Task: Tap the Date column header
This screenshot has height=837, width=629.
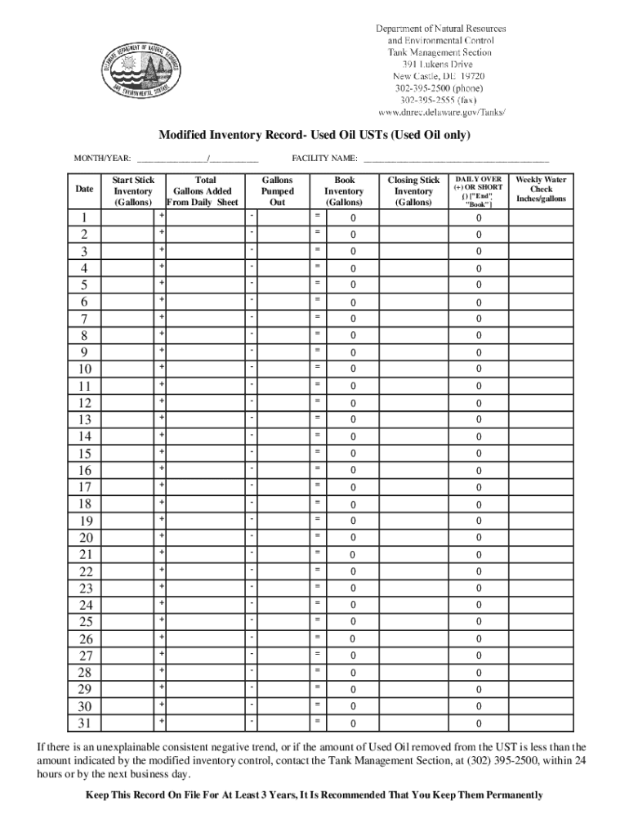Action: pyautogui.click(x=84, y=190)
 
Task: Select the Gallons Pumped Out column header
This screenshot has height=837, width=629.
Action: pyautogui.click(x=277, y=190)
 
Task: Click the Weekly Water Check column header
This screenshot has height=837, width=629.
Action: pyautogui.click(x=541, y=189)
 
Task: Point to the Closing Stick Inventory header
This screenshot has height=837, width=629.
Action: pyautogui.click(x=413, y=190)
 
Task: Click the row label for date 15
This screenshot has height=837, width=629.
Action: pyautogui.click(x=84, y=454)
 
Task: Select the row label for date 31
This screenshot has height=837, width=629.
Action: pyautogui.click(x=84, y=723)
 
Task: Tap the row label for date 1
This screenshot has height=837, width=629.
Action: pyautogui.click(x=84, y=218)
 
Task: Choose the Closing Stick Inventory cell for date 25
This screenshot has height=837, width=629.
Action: pyautogui.click(x=413, y=622)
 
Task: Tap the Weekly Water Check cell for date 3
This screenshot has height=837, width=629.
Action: pyautogui.click(x=541, y=251)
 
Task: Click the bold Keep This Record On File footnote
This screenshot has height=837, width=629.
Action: pyautogui.click(x=314, y=794)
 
